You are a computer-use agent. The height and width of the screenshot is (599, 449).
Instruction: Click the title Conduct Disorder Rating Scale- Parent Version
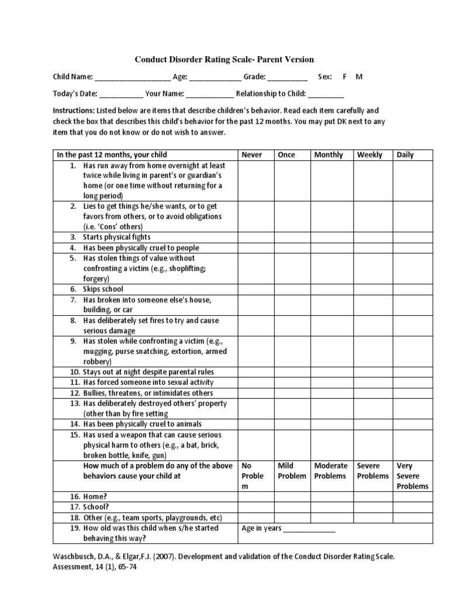tap(224, 59)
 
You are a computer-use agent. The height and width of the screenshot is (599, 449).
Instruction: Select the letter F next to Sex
tap(345, 77)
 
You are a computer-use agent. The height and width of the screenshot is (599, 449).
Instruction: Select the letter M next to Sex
tap(359, 77)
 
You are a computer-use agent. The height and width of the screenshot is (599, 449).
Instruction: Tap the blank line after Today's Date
tap(121, 94)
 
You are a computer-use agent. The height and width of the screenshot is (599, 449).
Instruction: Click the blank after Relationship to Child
tap(326, 94)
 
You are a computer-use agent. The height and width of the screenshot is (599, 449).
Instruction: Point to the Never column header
tap(252, 155)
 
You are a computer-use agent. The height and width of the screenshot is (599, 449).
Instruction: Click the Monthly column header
tap(329, 155)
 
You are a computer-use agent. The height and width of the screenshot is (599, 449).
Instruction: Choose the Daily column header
tap(405, 155)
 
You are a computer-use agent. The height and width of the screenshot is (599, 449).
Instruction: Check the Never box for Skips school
tap(255, 289)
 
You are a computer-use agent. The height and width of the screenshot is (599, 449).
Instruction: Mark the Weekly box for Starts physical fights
tap(373, 237)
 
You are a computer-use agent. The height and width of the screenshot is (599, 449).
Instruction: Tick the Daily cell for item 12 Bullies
tap(413, 393)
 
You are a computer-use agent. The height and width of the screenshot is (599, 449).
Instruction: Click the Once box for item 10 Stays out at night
tap(292, 372)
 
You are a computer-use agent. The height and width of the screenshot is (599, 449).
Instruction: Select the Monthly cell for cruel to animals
tap(332, 424)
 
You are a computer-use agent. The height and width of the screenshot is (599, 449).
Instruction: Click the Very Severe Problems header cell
tap(413, 476)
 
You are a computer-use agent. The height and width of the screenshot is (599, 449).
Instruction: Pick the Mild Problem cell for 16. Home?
tap(292, 497)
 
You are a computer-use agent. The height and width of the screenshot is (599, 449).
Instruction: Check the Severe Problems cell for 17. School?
tap(373, 507)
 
